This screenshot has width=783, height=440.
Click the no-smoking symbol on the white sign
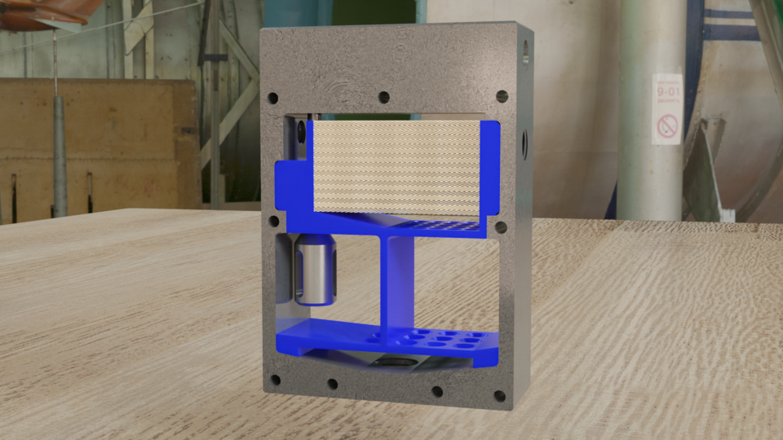(667, 126)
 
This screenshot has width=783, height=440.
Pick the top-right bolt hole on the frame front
(502, 96)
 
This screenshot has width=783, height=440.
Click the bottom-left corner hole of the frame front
(275, 379)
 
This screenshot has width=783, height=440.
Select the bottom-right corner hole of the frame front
(499, 396)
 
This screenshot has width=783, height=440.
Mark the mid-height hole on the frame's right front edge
(501, 227)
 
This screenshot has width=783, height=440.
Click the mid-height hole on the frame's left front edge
(273, 220)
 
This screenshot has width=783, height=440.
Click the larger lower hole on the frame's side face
(524, 145)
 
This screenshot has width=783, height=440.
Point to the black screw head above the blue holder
(303, 130)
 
